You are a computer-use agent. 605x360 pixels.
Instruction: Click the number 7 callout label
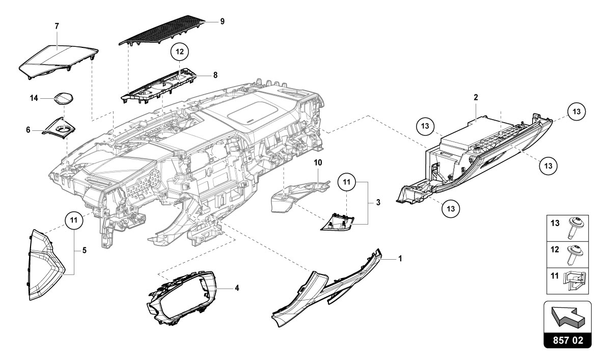[57, 25]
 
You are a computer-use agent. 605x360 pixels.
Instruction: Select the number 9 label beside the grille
[222, 21]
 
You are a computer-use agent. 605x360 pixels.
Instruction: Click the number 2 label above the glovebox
[476, 96]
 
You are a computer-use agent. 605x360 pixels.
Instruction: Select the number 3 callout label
[378, 202]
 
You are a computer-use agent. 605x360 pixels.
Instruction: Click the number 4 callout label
[237, 288]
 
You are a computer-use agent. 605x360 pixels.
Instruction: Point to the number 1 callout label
[400, 259]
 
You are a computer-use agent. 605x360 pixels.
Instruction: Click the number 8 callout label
[215, 75]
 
